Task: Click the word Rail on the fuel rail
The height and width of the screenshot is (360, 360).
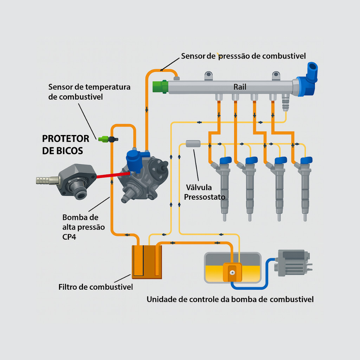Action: [240, 87]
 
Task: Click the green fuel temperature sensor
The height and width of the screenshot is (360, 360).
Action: [103, 139]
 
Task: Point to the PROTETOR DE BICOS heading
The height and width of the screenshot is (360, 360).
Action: [65, 144]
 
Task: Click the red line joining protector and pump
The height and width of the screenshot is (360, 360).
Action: [112, 175]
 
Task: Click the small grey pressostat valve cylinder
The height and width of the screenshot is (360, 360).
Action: [193, 143]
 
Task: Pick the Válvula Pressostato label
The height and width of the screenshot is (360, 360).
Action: [204, 193]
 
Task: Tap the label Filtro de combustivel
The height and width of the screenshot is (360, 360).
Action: [96, 287]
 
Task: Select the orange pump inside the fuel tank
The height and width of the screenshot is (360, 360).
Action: [232, 272]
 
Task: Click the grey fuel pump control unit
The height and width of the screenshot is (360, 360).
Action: [292, 263]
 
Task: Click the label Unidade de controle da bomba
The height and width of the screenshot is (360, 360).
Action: [230, 300]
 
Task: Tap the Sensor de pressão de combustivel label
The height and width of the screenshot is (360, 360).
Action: [243, 56]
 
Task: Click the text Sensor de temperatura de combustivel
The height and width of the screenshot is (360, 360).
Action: [89, 92]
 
